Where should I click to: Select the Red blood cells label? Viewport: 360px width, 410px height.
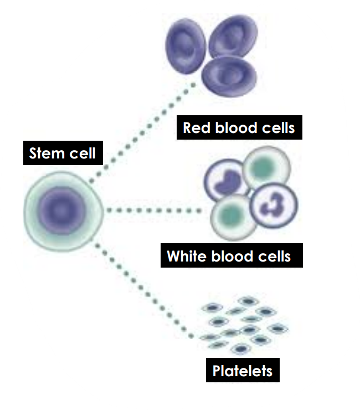tap(239, 128)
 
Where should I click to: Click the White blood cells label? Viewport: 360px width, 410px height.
tap(229, 257)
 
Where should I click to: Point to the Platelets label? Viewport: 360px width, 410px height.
tap(243, 370)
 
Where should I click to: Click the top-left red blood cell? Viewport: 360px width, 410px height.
tap(186, 42)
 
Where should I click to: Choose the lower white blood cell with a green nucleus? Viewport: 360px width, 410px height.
tap(230, 218)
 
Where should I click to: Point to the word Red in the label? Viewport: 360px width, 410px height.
tap(194, 128)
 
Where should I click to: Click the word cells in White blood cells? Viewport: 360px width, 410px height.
tap(272, 257)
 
